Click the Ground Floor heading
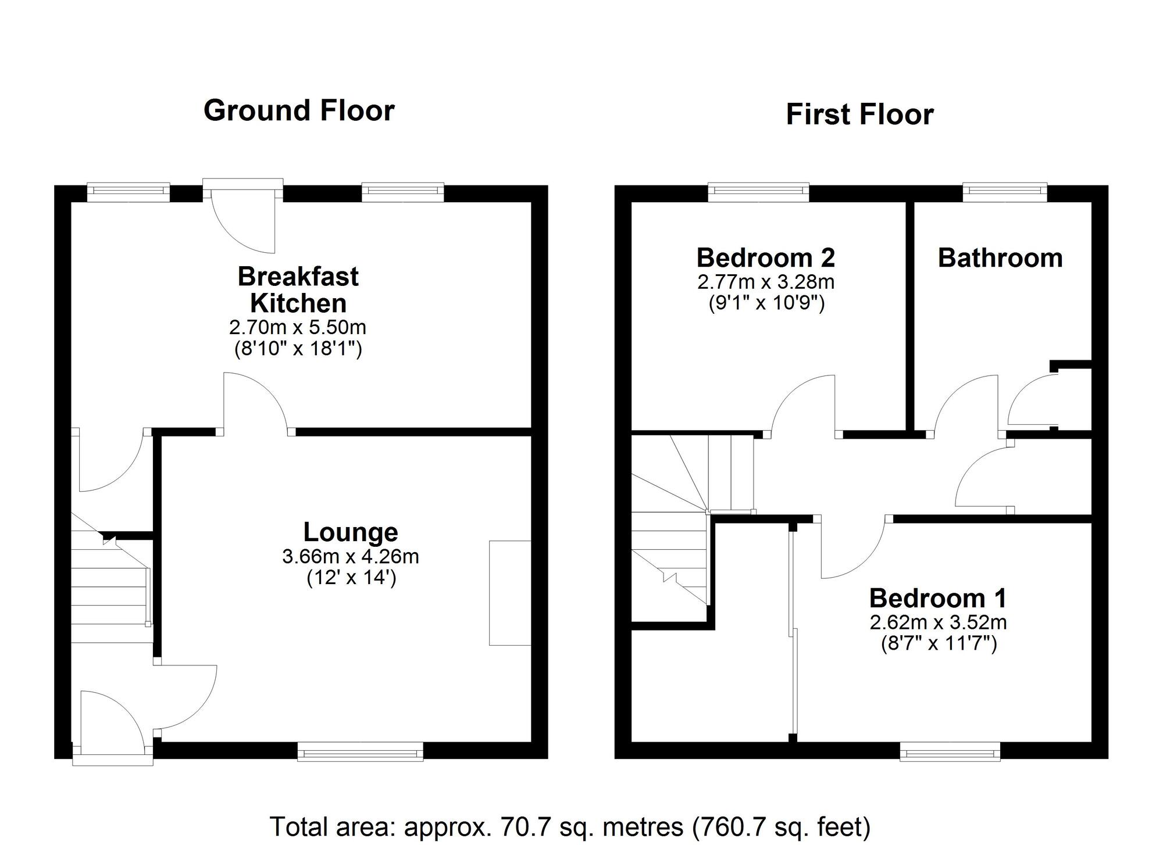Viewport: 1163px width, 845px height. [299, 110]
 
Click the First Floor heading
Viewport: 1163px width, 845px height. [859, 114]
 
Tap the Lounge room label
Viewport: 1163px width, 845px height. [351, 532]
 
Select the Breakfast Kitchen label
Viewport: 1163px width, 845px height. [298, 289]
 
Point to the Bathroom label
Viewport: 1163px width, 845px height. [1000, 258]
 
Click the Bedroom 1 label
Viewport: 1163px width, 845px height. [938, 598]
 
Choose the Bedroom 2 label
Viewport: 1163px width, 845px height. [766, 257]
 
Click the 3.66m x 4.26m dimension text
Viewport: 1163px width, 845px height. [351, 557]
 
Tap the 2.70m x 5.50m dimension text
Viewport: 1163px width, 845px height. [298, 328]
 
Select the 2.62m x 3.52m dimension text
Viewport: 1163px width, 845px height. [938, 622]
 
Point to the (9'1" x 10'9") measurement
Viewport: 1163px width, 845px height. [766, 303]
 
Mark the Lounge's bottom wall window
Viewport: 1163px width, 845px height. [361, 751]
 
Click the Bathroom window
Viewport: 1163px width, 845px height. [1005, 193]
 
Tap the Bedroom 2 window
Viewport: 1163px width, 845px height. [758, 193]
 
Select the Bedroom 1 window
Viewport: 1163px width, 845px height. [950, 751]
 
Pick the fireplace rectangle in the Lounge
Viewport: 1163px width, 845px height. [510, 593]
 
